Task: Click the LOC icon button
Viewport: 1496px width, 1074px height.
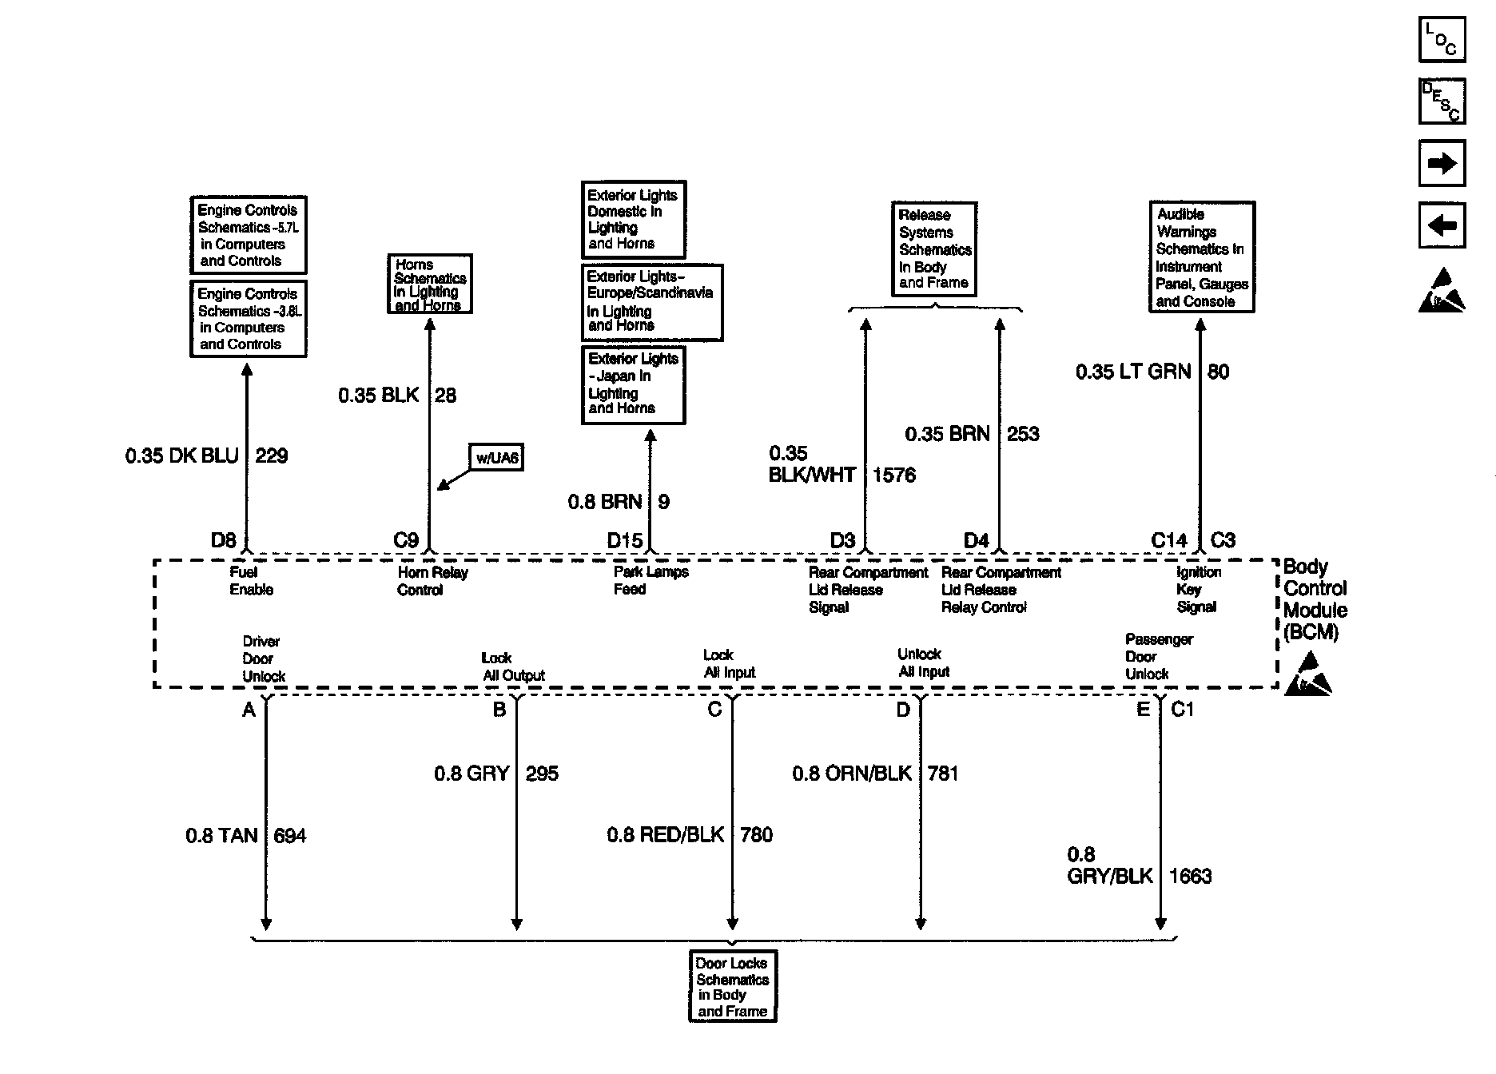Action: (1442, 39)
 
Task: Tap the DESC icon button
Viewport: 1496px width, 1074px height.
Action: (1442, 101)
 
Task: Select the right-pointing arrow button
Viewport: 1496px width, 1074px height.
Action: (1442, 164)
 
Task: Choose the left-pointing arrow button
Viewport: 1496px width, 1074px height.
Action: (1442, 226)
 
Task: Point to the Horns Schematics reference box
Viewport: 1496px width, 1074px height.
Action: (430, 284)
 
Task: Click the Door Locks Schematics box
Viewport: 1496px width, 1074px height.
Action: (733, 986)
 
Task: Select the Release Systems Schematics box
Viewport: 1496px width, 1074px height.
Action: (934, 249)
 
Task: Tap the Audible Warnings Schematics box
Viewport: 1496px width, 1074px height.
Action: (1201, 257)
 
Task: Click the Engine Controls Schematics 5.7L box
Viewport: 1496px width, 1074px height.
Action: (249, 235)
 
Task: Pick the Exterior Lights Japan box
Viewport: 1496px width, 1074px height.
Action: (633, 384)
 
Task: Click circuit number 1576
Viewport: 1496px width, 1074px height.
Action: (893, 475)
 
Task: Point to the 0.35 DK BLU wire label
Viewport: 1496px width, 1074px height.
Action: (182, 456)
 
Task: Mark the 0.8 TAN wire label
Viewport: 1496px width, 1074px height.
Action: (221, 836)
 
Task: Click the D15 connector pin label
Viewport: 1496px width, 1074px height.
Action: (625, 541)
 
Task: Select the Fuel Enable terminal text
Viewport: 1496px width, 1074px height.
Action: (251, 581)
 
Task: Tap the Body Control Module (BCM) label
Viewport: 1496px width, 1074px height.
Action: (1315, 599)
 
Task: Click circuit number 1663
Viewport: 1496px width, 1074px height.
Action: (1190, 877)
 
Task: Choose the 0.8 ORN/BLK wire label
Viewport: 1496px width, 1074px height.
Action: (852, 774)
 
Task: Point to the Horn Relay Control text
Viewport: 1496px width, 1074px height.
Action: (432, 581)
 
